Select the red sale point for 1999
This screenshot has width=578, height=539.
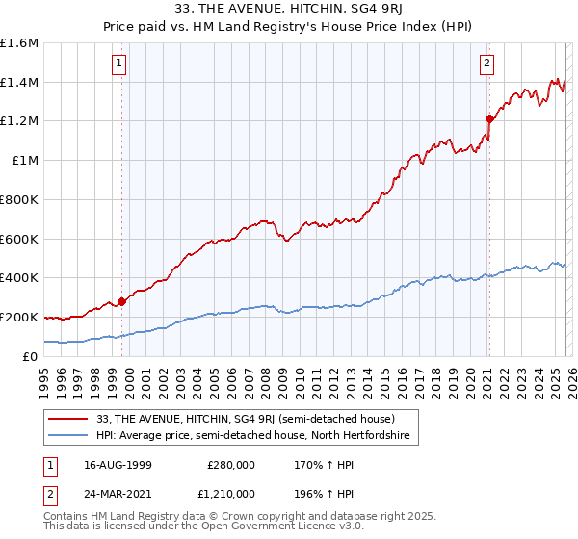click(x=122, y=300)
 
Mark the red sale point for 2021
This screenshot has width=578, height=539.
click(x=489, y=119)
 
